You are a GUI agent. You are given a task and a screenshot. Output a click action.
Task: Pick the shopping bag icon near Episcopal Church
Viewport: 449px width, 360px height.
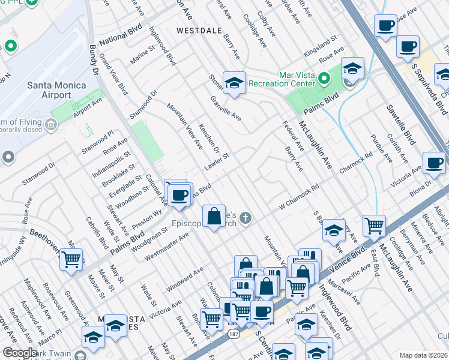(214, 216)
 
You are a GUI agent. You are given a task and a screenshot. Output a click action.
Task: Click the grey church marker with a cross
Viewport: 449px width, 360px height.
(244, 217)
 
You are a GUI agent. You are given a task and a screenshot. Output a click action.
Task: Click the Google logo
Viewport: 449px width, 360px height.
(20, 353)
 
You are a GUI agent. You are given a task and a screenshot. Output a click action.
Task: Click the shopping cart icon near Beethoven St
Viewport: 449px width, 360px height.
(71, 260)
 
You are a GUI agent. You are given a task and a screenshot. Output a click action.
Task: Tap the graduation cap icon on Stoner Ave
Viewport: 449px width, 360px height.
(234, 82)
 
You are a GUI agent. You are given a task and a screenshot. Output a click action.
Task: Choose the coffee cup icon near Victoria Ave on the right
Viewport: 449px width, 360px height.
(434, 162)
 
